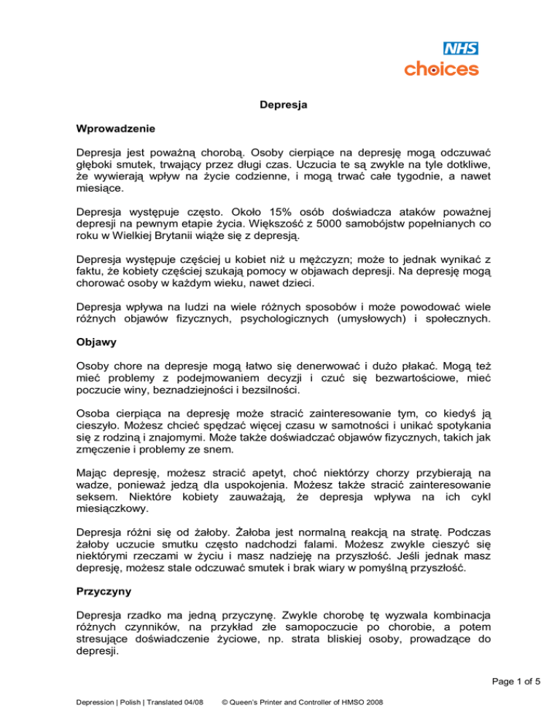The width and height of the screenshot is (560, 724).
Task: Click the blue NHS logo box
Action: (x=461, y=50)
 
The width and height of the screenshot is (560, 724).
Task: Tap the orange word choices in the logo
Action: (x=442, y=69)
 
